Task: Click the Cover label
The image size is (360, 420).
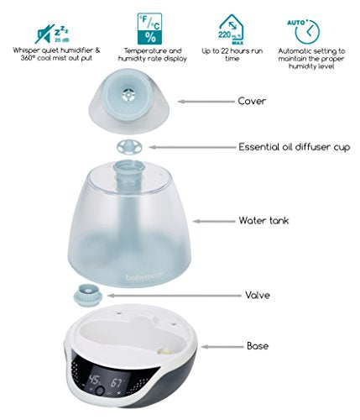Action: [252, 101]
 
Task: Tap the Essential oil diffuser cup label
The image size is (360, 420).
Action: [294, 147]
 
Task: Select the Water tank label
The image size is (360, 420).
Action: [263, 221]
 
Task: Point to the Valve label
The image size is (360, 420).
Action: [258, 295]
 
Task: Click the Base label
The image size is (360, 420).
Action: [258, 346]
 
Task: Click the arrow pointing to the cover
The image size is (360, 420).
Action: [206, 102]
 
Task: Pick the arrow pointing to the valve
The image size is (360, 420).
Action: [174, 296]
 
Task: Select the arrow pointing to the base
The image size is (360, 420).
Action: [222, 347]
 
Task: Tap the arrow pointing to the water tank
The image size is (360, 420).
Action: [214, 221]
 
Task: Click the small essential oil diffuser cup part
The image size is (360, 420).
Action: [129, 147]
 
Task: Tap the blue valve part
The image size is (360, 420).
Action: [87, 296]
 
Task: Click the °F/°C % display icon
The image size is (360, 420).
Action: [149, 29]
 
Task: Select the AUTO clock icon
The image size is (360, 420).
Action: [305, 31]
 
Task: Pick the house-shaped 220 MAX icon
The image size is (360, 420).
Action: [232, 29]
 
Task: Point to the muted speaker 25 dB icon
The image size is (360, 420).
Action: [52, 34]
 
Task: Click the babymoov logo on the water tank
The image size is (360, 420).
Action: [144, 276]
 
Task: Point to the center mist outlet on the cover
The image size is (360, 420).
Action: [128, 94]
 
